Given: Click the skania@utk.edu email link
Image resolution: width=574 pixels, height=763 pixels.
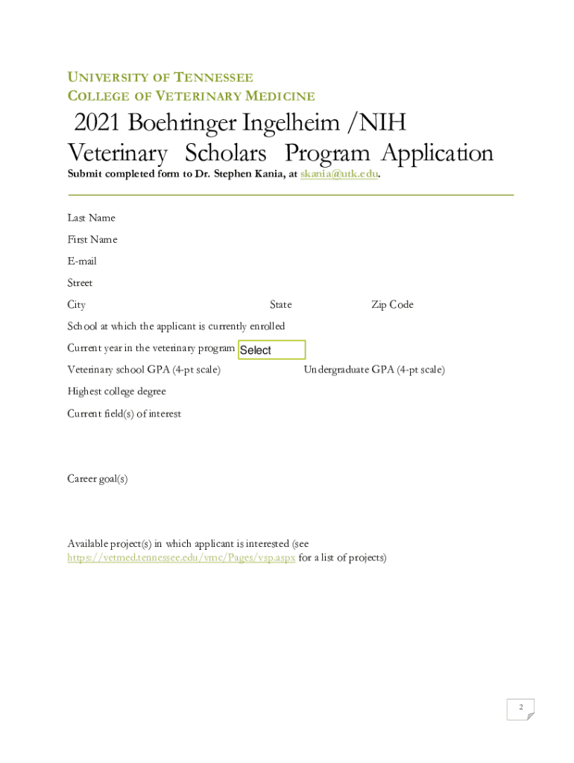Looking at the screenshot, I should (339, 174).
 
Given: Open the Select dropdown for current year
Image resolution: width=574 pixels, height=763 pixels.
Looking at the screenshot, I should (271, 350).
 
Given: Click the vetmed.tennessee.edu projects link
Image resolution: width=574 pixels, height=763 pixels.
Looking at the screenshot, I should (181, 557).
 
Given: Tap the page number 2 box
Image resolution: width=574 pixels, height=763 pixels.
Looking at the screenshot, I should (520, 709).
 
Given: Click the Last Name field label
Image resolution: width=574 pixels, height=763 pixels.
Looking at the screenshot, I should (91, 218).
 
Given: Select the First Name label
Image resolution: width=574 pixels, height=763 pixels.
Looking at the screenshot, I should (92, 239).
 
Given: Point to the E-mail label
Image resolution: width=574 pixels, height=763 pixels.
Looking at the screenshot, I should (82, 261).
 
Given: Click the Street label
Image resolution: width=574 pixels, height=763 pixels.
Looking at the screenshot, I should (80, 282).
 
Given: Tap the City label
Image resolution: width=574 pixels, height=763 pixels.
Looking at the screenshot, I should (76, 305).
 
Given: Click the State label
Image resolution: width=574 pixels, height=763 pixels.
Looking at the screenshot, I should (281, 305).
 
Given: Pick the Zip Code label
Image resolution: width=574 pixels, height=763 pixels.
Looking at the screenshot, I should (392, 305).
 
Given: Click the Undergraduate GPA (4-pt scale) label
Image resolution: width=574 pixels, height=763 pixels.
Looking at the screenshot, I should (374, 370).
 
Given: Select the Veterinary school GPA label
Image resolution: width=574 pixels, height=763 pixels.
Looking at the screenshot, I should (144, 370).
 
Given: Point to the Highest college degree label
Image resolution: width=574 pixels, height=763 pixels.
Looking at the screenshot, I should (116, 391).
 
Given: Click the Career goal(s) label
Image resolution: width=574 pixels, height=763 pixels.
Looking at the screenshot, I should (98, 479).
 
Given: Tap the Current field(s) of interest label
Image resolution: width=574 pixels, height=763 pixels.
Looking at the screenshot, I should (124, 414).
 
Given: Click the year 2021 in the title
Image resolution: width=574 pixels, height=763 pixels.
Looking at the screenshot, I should (97, 123).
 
